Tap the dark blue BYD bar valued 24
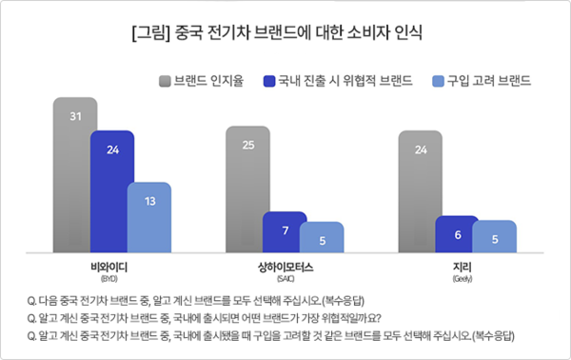point(111,195)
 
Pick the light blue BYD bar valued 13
point(148,219)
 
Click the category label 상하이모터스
point(285,266)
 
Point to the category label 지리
point(458,266)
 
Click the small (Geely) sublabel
point(458,279)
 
